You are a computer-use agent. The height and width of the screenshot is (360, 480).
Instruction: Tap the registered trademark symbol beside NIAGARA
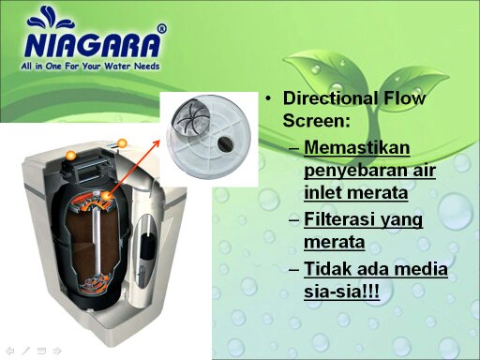coord(162,29)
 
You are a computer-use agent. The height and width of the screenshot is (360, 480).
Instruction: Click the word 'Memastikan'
coord(358,149)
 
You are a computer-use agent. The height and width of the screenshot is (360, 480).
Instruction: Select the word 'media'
coord(422,270)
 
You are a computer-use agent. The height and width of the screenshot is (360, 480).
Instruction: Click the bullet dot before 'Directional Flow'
coord(268,99)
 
